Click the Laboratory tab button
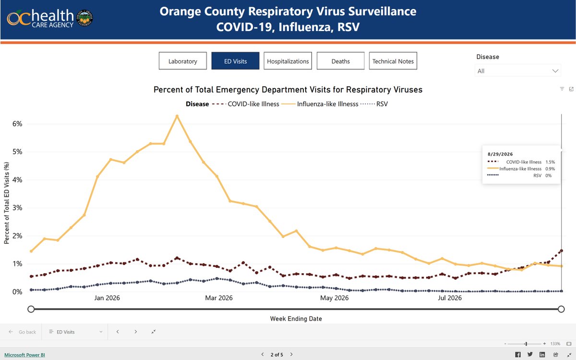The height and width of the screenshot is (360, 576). [182, 61]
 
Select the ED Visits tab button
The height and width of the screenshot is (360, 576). [235, 61]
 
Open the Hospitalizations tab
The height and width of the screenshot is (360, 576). [288, 61]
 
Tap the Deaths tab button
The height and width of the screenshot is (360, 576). [340, 61]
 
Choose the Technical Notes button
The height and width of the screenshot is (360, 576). [393, 61]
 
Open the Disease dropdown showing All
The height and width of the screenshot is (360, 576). [517, 71]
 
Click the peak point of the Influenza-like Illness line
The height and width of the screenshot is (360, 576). [177, 116]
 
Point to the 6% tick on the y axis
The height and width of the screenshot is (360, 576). [17, 124]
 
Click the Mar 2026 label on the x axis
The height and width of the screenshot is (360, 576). [218, 298]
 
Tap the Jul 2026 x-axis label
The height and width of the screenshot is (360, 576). [450, 298]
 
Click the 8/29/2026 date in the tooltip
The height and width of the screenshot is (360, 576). [500, 154]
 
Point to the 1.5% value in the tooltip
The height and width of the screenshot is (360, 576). [550, 162]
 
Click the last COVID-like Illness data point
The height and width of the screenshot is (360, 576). [561, 251]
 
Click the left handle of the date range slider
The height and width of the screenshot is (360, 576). [31, 309]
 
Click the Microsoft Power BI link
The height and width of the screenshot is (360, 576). [24, 355]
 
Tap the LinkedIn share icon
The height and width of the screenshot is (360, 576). [542, 355]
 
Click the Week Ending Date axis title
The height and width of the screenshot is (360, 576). [296, 319]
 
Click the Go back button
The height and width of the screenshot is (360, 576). [23, 332]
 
